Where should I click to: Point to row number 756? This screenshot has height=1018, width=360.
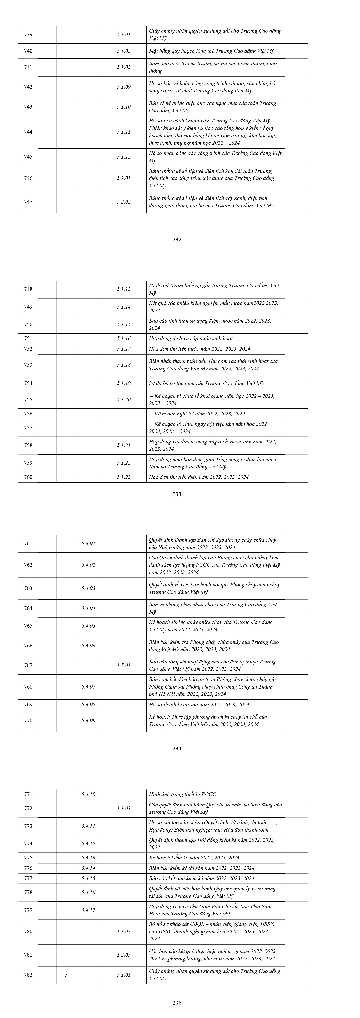(28, 414)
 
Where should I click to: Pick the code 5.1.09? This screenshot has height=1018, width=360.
(124, 87)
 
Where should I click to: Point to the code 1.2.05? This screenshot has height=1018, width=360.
(124, 955)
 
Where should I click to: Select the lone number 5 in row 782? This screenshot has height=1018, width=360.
(66, 975)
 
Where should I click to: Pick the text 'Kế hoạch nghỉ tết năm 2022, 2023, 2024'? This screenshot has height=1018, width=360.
(198, 414)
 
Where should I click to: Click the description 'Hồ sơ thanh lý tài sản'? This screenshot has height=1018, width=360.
(199, 705)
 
